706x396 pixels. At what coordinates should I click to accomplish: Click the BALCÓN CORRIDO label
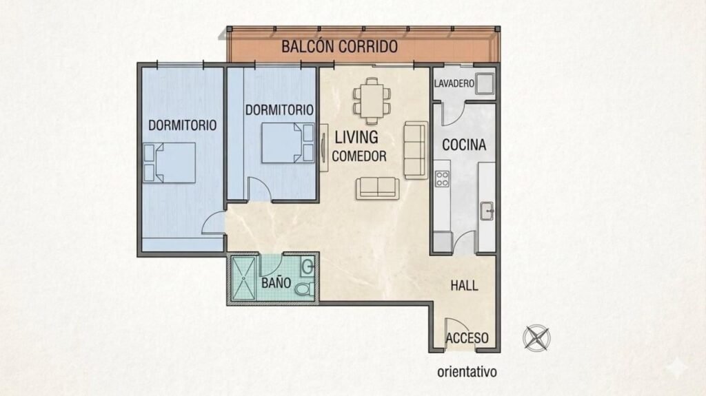339,46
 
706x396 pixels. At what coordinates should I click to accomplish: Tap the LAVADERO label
454,83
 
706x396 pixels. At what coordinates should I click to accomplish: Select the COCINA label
464,145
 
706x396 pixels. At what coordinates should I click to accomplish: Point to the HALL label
464,285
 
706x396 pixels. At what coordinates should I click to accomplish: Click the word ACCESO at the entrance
467,337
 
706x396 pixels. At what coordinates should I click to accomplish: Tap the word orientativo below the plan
467,372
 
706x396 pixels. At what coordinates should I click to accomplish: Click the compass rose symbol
536,337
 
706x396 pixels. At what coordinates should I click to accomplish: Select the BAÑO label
276,283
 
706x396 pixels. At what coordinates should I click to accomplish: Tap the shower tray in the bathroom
243,278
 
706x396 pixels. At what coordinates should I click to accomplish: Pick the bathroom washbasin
307,267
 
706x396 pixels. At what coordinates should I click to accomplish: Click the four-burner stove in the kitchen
442,178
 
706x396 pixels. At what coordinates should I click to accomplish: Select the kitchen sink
487,211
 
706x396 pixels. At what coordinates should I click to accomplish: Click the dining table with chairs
372,101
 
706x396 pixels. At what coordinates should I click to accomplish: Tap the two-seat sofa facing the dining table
377,188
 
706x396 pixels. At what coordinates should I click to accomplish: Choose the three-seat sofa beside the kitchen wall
416,150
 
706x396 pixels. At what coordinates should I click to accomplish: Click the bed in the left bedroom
170,163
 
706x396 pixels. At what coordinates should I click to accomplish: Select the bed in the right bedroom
288,143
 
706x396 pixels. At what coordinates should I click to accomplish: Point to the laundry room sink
485,84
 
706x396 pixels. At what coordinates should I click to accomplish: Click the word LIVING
356,137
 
